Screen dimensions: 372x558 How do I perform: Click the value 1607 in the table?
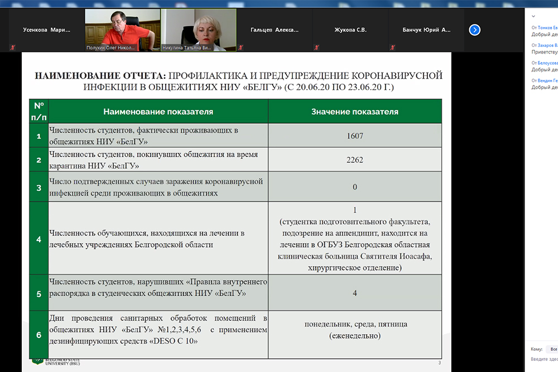[355, 136]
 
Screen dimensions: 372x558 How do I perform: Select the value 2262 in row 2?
[355, 160]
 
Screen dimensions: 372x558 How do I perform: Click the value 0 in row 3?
[355, 187]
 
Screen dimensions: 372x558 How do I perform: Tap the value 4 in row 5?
[355, 293]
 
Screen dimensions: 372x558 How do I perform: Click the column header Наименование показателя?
[158, 112]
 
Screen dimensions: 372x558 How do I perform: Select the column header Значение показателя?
[355, 112]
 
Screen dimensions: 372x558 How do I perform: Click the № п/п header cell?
[39, 112]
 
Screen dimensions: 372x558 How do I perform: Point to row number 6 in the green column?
[39, 335]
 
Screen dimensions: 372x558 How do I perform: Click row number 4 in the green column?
[39, 239]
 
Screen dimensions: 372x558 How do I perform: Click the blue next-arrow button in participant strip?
[475, 30]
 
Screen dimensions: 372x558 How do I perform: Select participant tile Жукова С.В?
[350, 30]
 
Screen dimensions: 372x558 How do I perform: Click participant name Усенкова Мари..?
[47, 30]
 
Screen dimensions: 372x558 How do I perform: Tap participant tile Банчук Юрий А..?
[426, 30]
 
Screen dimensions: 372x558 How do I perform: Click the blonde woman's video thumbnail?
[198, 28]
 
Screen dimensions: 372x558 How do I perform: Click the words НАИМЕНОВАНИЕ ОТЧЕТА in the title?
[100, 75]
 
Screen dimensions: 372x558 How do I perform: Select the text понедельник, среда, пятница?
[355, 324]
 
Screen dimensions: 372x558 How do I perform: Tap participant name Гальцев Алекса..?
[275, 30]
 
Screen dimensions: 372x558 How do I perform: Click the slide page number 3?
[439, 364]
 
